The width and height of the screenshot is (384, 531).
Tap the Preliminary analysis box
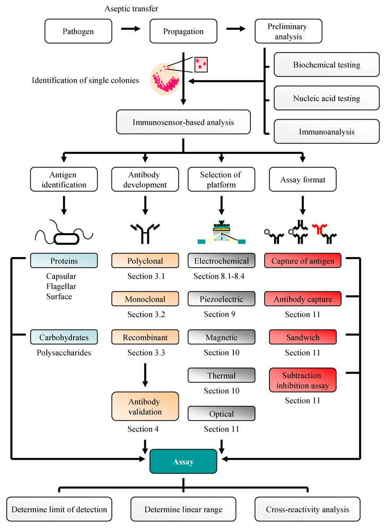click(x=289, y=31)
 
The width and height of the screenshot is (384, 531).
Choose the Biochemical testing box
click(x=326, y=65)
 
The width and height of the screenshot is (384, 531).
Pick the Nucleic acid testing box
click(x=326, y=98)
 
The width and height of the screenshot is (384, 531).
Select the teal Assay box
click(x=183, y=461)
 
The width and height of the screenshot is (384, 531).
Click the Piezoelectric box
click(x=222, y=299)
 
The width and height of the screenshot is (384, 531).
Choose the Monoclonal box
click(x=145, y=299)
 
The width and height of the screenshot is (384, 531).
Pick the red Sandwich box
click(x=302, y=337)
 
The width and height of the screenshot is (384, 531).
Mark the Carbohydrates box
click(x=63, y=337)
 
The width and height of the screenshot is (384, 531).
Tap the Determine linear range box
click(x=183, y=509)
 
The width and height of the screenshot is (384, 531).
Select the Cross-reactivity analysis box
click(x=307, y=509)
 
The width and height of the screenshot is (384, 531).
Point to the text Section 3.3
click(x=145, y=353)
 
